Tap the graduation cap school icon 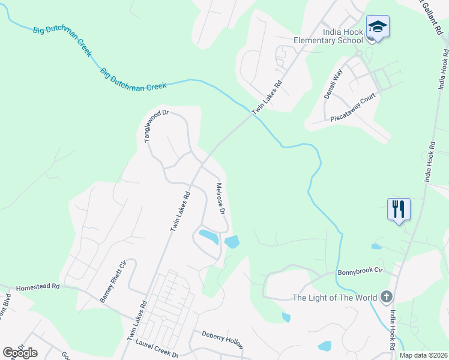tap(378, 27)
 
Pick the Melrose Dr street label tap(220, 199)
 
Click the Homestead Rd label tap(38, 287)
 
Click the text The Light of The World tap(334, 298)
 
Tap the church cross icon tap(386, 296)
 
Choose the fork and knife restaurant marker tap(399, 209)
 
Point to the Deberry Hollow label tap(222, 340)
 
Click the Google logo tap(20, 352)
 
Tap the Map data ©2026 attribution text tap(422, 355)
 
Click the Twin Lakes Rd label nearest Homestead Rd tap(137, 320)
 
